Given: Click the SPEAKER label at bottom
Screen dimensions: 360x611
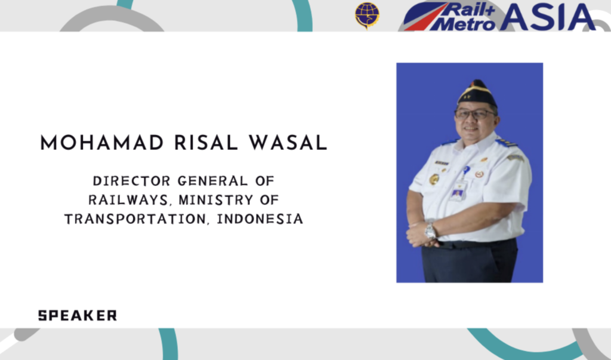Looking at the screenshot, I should [x=78, y=316].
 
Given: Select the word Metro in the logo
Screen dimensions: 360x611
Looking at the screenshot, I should [x=463, y=24].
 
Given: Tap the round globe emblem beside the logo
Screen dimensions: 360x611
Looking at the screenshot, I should [x=367, y=15].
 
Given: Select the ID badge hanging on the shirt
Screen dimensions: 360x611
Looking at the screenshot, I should [x=458, y=191].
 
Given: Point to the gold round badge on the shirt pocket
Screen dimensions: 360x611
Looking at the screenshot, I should [x=434, y=179].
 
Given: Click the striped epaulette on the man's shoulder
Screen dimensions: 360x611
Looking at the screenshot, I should [x=507, y=143].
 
